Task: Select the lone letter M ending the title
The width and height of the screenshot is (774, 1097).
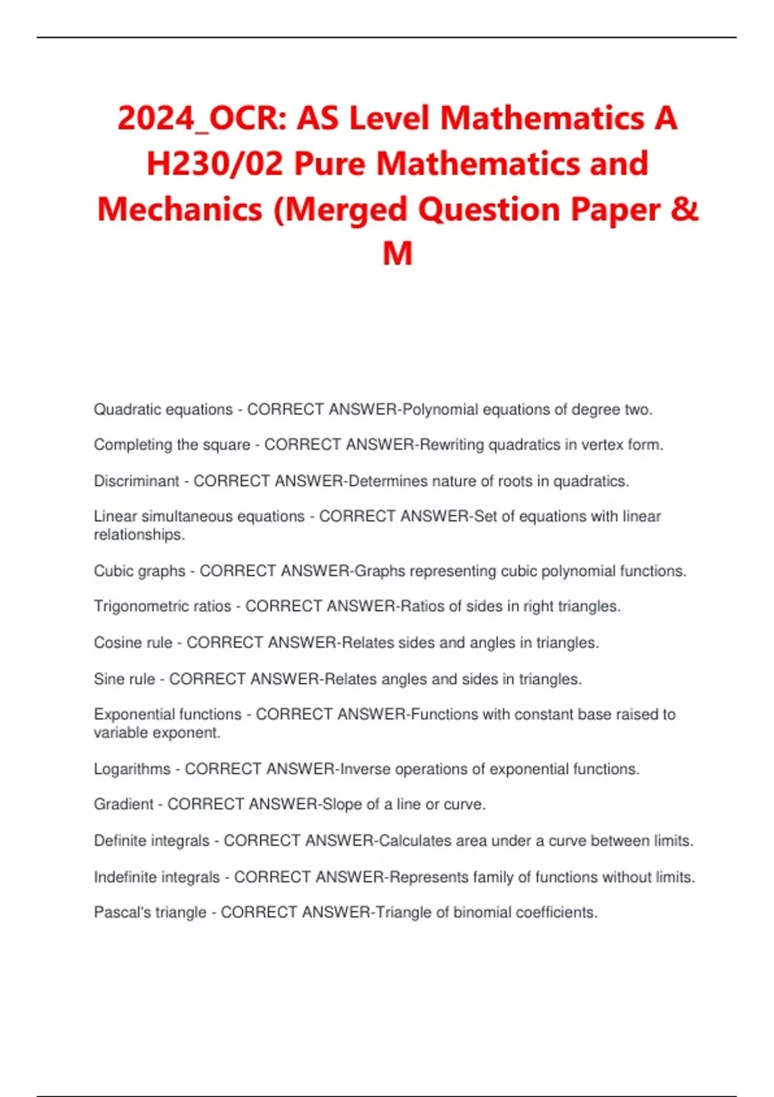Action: [397, 253]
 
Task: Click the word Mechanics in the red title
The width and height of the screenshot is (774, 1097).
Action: [180, 209]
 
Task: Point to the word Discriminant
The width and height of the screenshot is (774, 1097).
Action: [137, 481]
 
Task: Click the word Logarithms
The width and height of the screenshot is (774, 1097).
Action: [132, 769]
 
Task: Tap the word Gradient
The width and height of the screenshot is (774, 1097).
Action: [124, 804]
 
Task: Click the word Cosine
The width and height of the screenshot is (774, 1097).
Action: [115, 643]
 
